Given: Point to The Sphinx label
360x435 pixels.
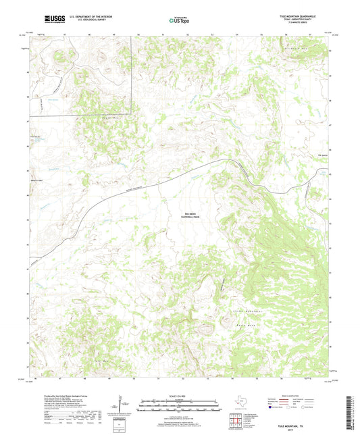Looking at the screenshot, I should [312, 159].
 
